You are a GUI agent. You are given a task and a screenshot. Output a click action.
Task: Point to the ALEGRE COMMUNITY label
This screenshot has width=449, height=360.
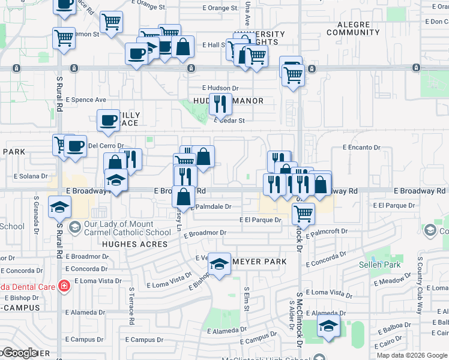click(353, 28)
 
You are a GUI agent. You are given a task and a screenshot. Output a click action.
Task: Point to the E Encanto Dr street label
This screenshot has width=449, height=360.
click(361, 147)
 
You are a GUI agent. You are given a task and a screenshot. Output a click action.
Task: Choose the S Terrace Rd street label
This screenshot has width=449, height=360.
click(131, 305)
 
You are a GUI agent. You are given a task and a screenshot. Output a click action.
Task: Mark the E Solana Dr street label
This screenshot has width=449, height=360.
click(30, 176)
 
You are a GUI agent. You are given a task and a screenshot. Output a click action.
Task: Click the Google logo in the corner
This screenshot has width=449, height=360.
click(20, 353)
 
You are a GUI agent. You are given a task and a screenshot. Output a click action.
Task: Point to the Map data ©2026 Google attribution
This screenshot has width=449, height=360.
click(412, 355)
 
